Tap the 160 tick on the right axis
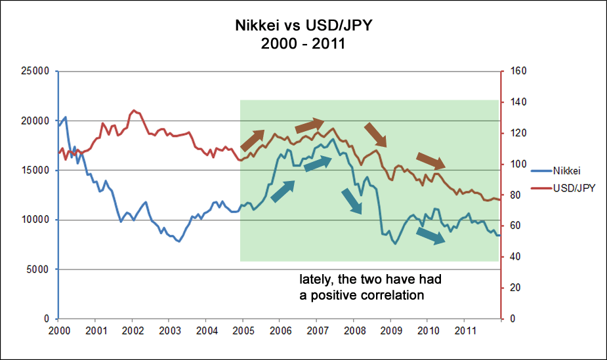(x=514, y=71)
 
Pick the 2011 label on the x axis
(x=465, y=329)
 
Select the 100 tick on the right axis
(x=514, y=164)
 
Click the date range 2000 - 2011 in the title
(x=303, y=46)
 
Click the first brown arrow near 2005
(x=253, y=140)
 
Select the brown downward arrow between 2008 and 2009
(x=376, y=134)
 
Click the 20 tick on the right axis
(x=512, y=288)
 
